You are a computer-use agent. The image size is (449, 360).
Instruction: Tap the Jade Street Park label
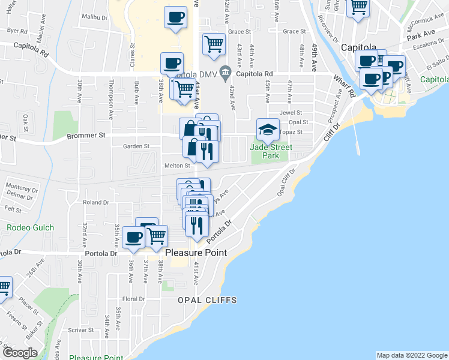tap(273, 151)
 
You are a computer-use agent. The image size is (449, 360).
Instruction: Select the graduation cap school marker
tap(268, 129)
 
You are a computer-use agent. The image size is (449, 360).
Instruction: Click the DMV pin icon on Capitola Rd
tap(226, 73)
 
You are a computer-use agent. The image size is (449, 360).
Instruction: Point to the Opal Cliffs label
tap(206, 299)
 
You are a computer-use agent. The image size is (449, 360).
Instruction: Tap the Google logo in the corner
tap(20, 352)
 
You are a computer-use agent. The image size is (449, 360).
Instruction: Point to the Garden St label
tap(136, 146)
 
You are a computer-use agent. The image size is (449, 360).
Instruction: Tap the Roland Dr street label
tap(96, 203)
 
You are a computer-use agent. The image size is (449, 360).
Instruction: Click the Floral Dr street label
tap(133, 299)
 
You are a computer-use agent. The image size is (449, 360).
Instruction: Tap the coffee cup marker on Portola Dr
tap(133, 238)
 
